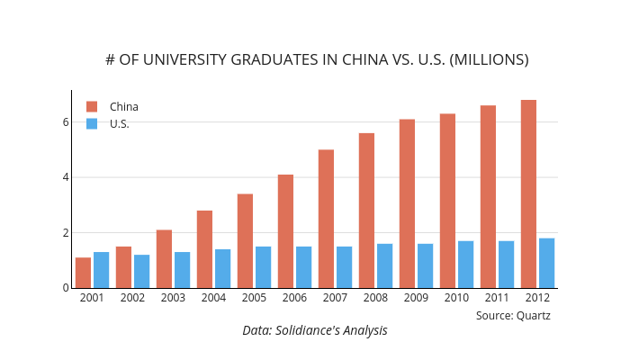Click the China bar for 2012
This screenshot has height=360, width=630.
pos(528,193)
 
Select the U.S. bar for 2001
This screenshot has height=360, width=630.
pos(101,270)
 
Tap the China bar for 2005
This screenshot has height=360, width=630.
pos(245,240)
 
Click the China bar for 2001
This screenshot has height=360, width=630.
pos(83,273)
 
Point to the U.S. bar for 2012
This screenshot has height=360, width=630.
pos(546,263)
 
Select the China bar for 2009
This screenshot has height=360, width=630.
pos(407,203)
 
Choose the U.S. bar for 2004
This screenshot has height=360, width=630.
pos(222,268)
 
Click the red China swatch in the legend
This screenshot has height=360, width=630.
pos(92,106)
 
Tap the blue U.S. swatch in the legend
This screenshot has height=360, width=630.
pos(92,124)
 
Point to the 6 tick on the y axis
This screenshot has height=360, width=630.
pos(66,121)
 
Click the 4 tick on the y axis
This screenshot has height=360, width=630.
pos(66,177)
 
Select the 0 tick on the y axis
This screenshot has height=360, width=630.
pos(66,288)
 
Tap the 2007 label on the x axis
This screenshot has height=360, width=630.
pos(335,298)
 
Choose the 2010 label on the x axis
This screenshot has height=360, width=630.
pos(456,298)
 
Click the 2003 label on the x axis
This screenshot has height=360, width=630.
pos(173,298)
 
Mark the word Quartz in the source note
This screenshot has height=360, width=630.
pos(534,315)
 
